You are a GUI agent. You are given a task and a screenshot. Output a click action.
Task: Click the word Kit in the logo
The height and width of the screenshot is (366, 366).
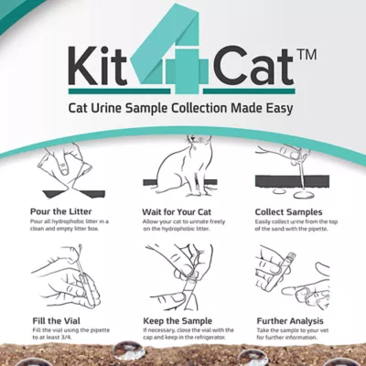tap(98, 67)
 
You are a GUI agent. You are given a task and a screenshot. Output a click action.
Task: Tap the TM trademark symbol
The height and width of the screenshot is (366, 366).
tap(307, 56)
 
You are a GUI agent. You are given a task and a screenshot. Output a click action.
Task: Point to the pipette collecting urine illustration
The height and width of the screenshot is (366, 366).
tap(297, 174)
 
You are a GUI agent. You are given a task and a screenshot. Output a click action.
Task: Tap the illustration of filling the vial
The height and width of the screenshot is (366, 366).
tap(59, 279)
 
